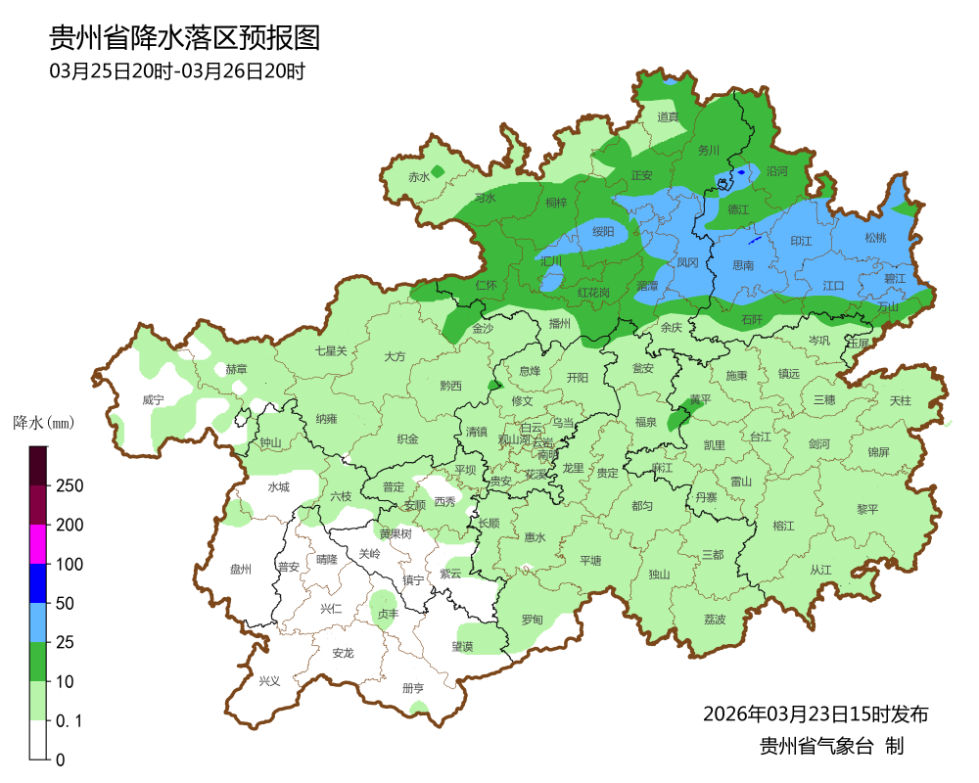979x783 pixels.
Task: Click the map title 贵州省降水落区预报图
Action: point(185,38)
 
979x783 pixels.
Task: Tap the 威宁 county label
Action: point(153,400)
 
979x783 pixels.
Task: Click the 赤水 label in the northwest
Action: point(419,177)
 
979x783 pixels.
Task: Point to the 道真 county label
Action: point(668,117)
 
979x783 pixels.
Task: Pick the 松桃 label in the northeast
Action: point(875,238)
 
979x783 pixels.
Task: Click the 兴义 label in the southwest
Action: point(269,681)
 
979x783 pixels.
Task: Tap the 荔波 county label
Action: point(715,620)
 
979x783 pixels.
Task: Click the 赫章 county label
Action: point(236,369)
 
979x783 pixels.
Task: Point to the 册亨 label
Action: point(414,688)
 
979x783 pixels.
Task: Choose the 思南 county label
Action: point(743,265)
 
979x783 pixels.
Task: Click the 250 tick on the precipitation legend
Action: point(69,486)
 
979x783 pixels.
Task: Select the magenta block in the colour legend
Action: point(38,544)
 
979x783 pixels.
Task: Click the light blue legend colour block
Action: point(38,622)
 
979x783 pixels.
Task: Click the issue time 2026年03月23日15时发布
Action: point(815,714)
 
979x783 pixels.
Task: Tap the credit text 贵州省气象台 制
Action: point(831,746)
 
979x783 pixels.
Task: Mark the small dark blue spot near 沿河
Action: point(741,172)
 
